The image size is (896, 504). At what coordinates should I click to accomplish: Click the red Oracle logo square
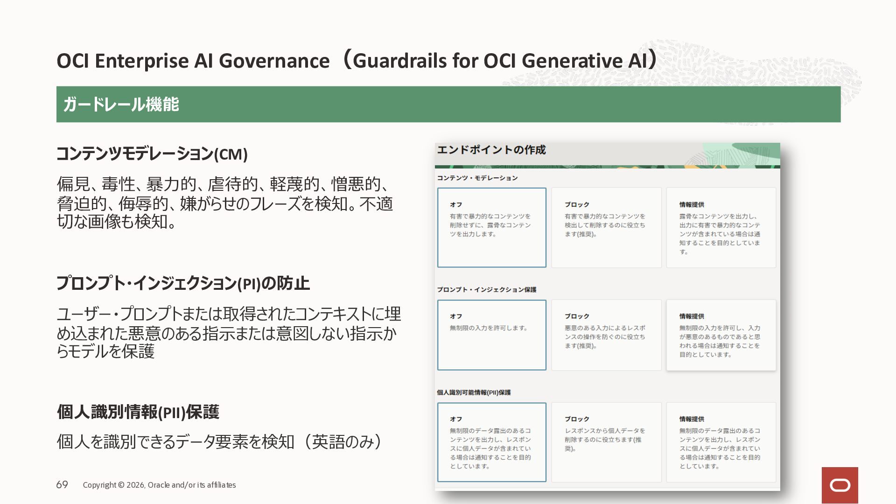[x=840, y=485]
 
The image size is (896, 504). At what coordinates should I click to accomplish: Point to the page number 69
[x=62, y=485]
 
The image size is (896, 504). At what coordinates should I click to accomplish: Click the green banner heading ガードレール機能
[x=121, y=104]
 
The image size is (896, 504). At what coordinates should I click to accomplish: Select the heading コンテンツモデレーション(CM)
[x=152, y=154]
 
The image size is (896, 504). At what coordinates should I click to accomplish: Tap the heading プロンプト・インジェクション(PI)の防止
[x=183, y=283]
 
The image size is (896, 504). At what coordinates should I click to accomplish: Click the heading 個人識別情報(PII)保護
[x=138, y=412]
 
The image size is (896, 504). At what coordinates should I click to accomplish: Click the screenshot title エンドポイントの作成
[x=491, y=150]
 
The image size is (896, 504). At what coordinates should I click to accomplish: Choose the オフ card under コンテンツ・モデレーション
[x=492, y=228]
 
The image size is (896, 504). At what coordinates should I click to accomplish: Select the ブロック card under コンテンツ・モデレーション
[x=606, y=228]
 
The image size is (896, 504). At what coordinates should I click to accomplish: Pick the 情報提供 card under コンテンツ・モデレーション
[x=721, y=228]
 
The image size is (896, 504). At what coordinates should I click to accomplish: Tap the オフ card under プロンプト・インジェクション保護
[x=492, y=335]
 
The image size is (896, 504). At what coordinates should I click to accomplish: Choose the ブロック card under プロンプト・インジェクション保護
[x=606, y=335]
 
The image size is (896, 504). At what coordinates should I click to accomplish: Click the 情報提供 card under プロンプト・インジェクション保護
[x=721, y=335]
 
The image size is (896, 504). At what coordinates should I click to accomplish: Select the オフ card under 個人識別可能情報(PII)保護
[x=492, y=442]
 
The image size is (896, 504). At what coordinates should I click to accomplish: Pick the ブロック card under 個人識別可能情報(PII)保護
[x=606, y=442]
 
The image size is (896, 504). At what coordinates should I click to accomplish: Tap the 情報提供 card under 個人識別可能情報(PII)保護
[x=721, y=442]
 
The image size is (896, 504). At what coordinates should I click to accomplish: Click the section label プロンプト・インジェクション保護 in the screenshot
[x=487, y=290]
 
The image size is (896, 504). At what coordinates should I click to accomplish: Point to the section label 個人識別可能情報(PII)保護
[x=474, y=392]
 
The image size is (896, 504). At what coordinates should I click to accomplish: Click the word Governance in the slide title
[x=274, y=61]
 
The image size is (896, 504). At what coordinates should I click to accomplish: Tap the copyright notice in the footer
[x=159, y=485]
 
